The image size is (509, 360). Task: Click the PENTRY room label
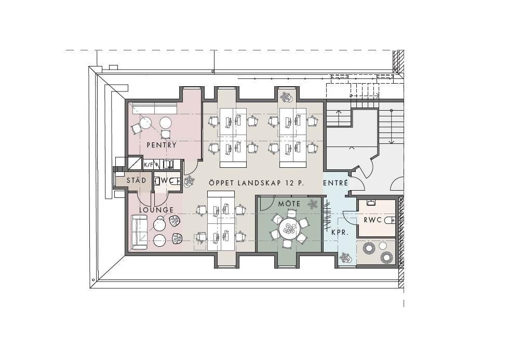point(162,145)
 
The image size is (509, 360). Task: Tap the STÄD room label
point(136,180)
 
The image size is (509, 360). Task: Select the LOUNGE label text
point(156,210)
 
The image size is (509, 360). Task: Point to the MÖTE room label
point(289,204)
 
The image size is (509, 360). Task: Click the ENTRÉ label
point(336,183)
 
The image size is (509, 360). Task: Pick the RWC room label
point(373,220)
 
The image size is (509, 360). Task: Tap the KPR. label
point(340,233)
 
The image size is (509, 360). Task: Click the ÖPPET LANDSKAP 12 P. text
point(257,183)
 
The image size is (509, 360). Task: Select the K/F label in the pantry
point(148,165)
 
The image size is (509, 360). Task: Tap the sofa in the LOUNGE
point(139,232)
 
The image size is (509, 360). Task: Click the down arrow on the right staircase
point(392,127)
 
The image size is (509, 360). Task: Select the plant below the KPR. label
point(345,258)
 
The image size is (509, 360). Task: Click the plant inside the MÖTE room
point(313,204)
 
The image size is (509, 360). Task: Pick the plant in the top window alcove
point(286,97)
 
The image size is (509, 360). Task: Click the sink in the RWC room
point(371,203)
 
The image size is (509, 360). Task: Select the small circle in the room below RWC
point(383,245)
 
